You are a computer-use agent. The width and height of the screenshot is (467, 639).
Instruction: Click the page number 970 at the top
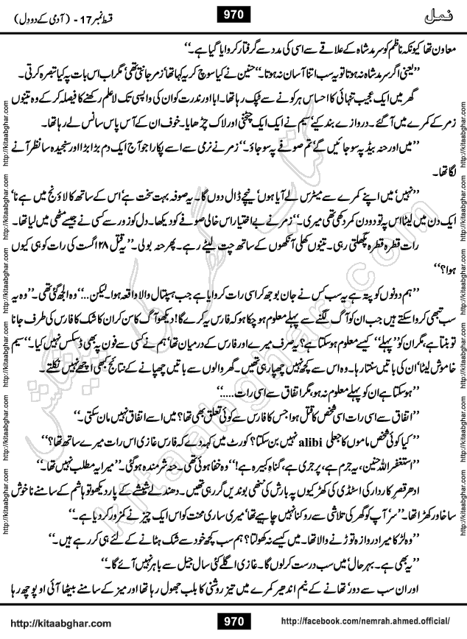click(x=233, y=13)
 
